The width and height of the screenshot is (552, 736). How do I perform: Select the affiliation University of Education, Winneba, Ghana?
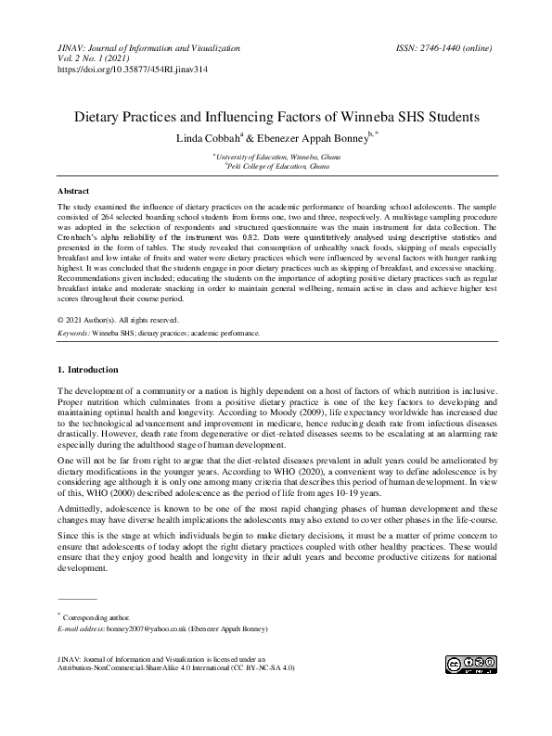pyautogui.click(x=276, y=158)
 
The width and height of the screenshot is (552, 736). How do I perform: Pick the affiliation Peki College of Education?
pyautogui.click(x=277, y=167)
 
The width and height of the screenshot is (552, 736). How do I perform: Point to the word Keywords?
pyautogui.click(x=73, y=332)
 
